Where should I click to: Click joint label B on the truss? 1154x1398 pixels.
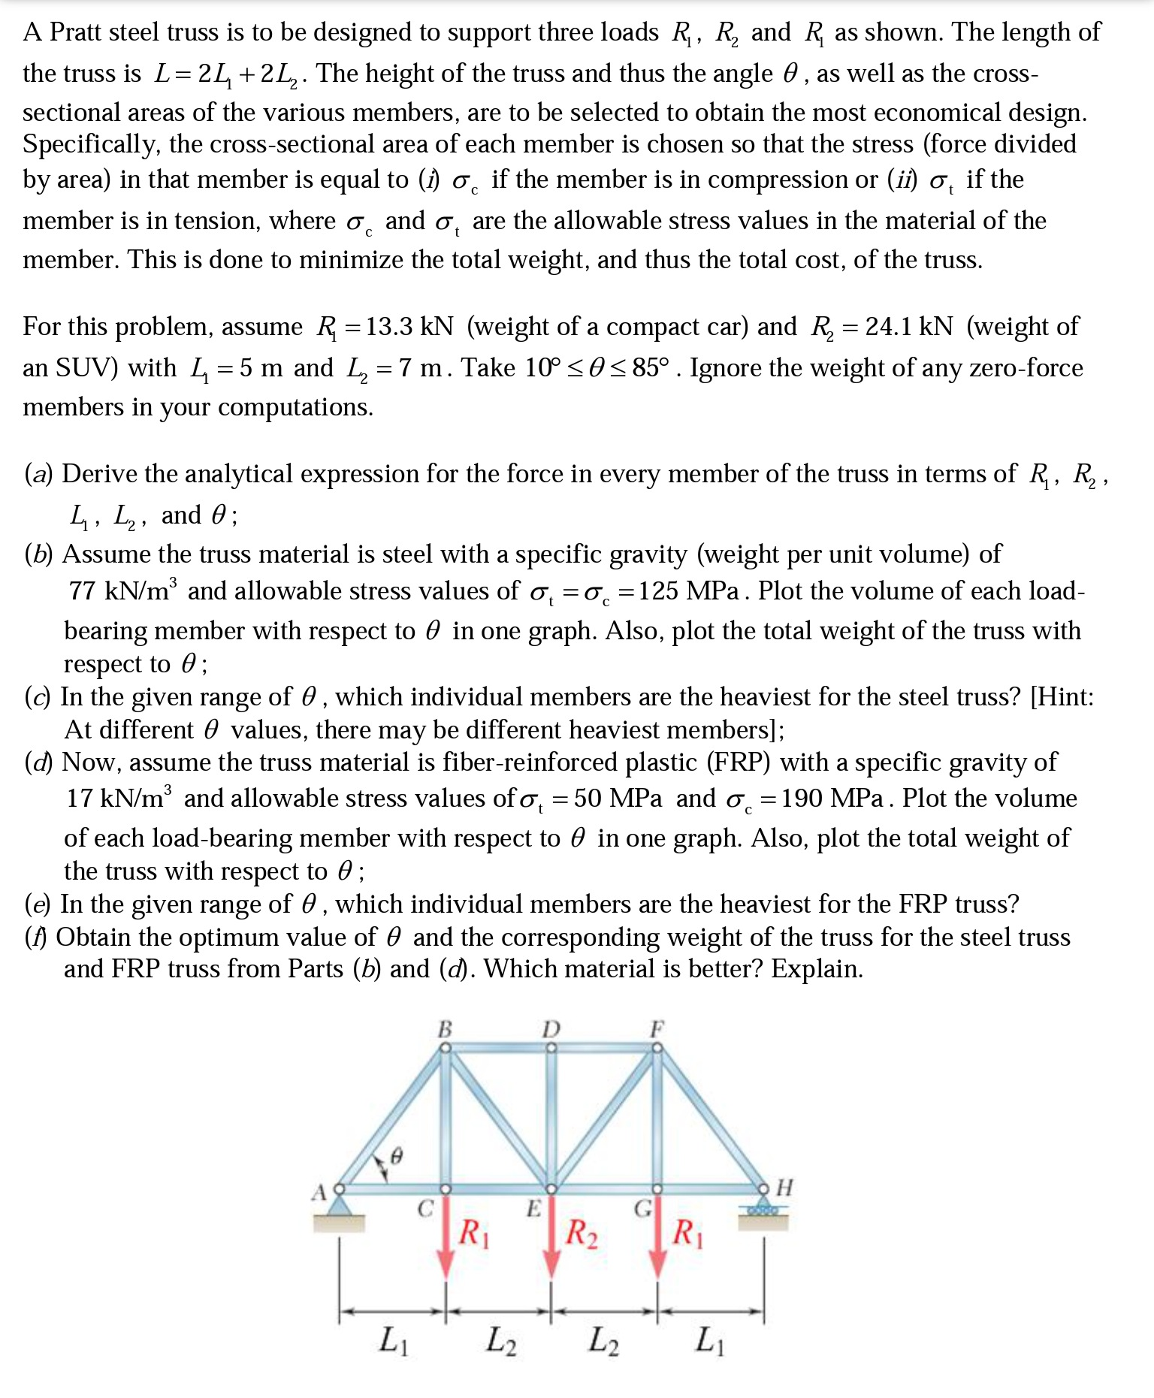[x=445, y=1028]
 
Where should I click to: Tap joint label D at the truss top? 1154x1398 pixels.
[x=551, y=1028]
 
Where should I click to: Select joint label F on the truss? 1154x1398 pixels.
[x=657, y=1028]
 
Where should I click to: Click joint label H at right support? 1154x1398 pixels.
[x=784, y=1188]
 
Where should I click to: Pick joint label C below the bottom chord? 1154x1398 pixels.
[x=425, y=1209]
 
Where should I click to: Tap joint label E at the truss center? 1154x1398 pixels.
[x=533, y=1209]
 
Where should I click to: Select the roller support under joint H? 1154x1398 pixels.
[x=763, y=1211]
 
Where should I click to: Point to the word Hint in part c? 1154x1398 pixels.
[x=1061, y=697]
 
